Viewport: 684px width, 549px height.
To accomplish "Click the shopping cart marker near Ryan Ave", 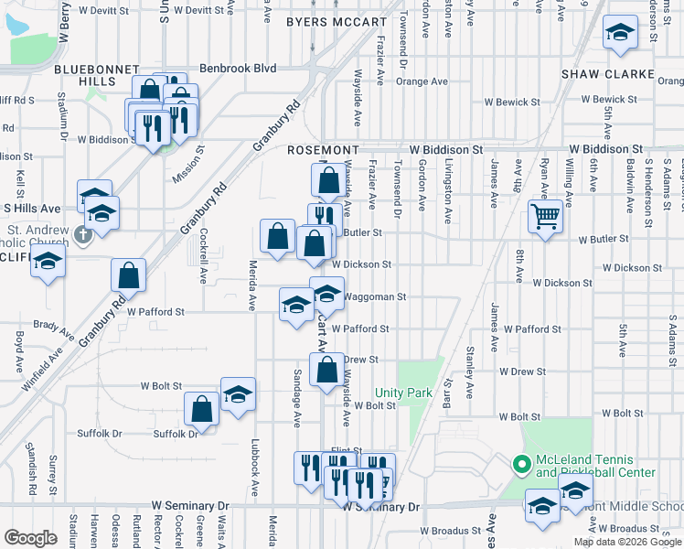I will (545, 218).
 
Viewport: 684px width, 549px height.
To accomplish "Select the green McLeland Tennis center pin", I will (522, 466).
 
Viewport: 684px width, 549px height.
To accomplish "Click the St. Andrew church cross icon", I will (82, 235).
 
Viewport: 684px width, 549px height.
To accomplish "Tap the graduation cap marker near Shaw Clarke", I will (620, 35).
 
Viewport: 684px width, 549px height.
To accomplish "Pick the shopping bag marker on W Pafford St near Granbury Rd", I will (129, 275).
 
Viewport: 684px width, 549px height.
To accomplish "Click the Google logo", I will (30, 538).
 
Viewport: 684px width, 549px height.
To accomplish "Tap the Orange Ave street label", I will (422, 81).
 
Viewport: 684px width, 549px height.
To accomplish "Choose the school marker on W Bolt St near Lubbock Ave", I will (239, 394).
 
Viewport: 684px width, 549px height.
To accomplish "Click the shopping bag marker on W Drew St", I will (327, 370).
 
